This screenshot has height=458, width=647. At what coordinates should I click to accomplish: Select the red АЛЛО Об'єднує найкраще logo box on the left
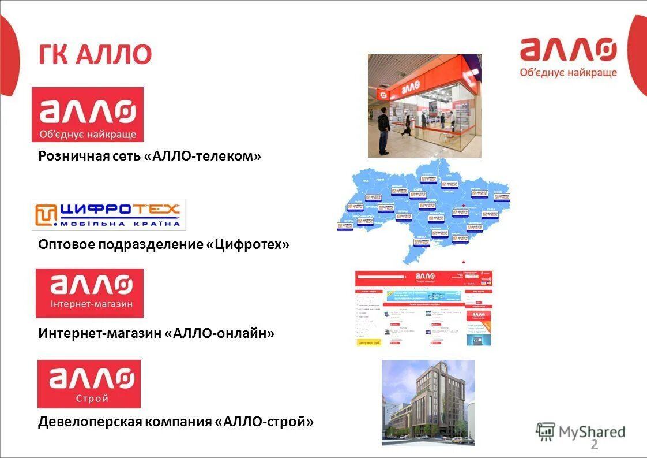click(88, 114)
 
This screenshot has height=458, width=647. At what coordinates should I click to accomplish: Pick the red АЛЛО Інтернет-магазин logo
click(89, 293)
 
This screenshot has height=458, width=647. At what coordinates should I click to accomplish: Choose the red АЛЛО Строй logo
click(89, 384)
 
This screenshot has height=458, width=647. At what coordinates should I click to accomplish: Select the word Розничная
click(69, 156)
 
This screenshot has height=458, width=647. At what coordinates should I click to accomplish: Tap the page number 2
click(595, 445)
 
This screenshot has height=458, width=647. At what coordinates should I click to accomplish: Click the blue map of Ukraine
click(424, 211)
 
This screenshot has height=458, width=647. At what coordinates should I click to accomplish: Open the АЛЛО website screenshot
click(424, 308)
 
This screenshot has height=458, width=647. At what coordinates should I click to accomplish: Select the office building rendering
click(428, 402)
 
